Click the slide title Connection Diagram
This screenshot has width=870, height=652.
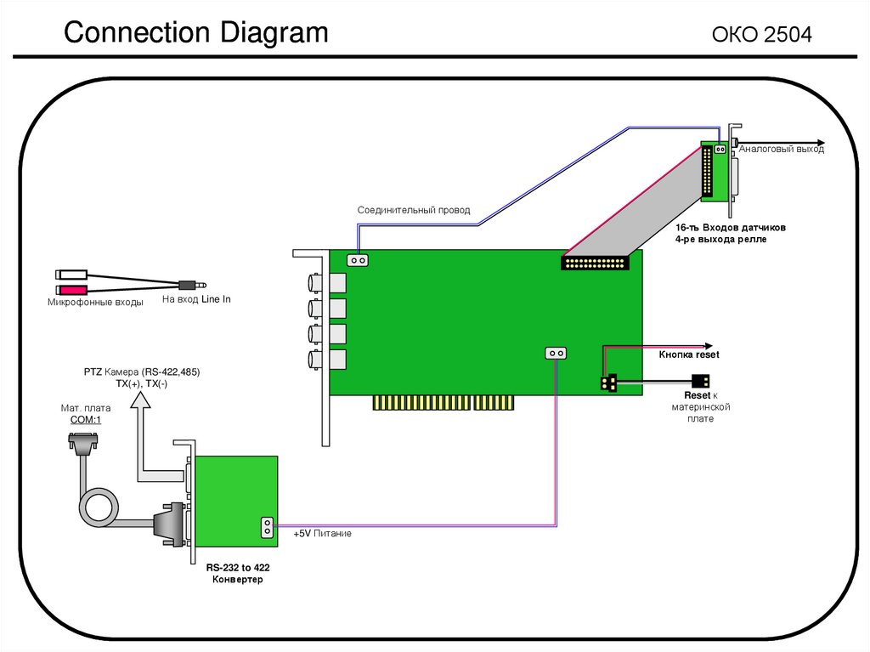coord(195,33)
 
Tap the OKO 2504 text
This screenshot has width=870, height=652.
coord(762,35)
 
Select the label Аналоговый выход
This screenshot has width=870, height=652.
coord(781,150)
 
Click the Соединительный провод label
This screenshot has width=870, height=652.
coord(413,210)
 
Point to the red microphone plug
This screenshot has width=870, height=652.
coord(71,291)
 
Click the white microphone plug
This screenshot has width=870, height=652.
coord(71,275)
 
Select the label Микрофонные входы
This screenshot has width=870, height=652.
coord(95,303)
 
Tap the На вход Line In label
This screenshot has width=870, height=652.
coord(196,300)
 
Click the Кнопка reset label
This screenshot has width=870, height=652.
coord(689,354)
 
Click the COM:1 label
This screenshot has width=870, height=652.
coord(81,420)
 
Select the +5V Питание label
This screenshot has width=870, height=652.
coord(322,534)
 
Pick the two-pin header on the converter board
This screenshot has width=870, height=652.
coord(266,527)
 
